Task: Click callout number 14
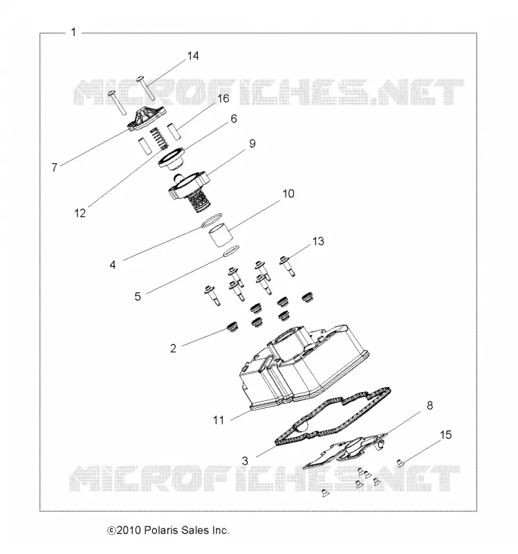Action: click(193, 56)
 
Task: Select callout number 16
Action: click(223, 98)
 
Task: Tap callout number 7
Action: click(55, 167)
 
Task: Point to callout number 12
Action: click(80, 213)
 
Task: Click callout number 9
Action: click(252, 143)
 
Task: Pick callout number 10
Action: click(288, 194)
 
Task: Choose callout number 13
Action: click(318, 241)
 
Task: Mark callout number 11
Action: click(219, 420)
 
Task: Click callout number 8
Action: click(429, 405)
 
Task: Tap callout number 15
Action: click(445, 435)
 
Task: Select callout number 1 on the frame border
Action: click(73, 32)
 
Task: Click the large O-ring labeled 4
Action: click(212, 220)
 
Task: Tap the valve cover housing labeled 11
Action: click(304, 368)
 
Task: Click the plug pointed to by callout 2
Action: click(232, 327)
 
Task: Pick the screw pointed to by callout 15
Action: click(400, 462)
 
